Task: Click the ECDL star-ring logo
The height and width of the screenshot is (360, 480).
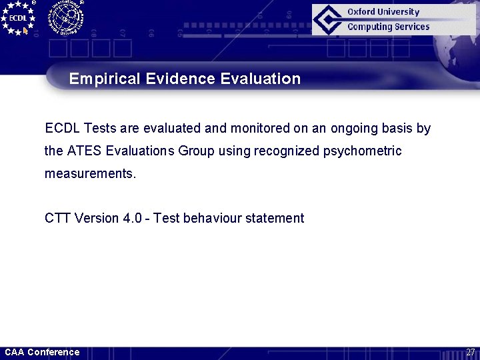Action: coord(18,18)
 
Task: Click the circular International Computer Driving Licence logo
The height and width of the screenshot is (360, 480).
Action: coord(65,17)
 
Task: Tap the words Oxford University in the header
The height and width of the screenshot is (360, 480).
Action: coord(383,12)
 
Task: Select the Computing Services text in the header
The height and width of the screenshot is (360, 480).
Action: coord(388,27)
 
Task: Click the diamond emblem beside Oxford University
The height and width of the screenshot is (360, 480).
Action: coord(328,19)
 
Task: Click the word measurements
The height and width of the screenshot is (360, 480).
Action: coord(90,174)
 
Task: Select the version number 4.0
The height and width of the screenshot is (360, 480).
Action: coord(131,218)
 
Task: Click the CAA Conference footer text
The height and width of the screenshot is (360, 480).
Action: coord(42,352)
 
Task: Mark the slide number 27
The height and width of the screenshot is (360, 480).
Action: coord(470,352)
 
